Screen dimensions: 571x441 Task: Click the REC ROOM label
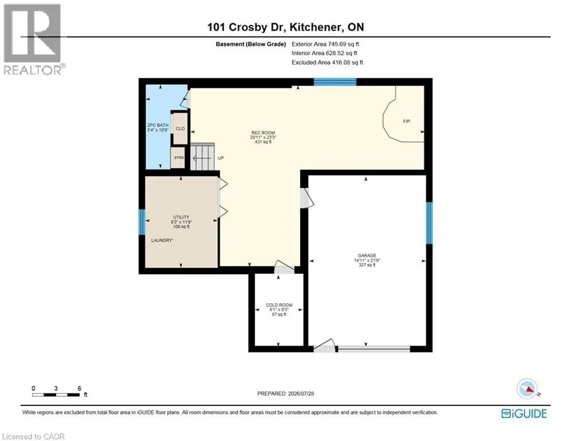coord(263,133)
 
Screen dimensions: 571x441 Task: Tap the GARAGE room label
coord(367,256)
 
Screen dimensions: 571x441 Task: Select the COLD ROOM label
coord(279,305)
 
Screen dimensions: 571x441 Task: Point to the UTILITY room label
coord(181,217)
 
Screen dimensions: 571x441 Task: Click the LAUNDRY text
coord(162,240)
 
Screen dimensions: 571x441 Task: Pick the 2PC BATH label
coord(158,125)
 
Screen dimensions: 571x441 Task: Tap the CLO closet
coord(180,128)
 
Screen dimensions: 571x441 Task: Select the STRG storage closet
coord(178,157)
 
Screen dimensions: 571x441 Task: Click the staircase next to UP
coord(202,157)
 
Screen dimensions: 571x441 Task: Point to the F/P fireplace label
coord(407,121)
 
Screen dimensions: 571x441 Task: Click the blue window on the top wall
coord(335,82)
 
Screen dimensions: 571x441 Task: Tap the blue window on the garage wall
coord(429,223)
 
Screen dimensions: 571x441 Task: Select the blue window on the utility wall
coord(142,222)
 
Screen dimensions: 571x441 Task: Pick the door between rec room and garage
coord(306,198)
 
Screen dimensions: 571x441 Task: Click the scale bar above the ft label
coord(56,394)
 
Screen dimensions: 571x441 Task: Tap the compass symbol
coord(528,389)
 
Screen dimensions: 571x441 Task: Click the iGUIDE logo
coord(524,413)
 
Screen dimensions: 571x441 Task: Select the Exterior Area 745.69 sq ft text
coord(325,44)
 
